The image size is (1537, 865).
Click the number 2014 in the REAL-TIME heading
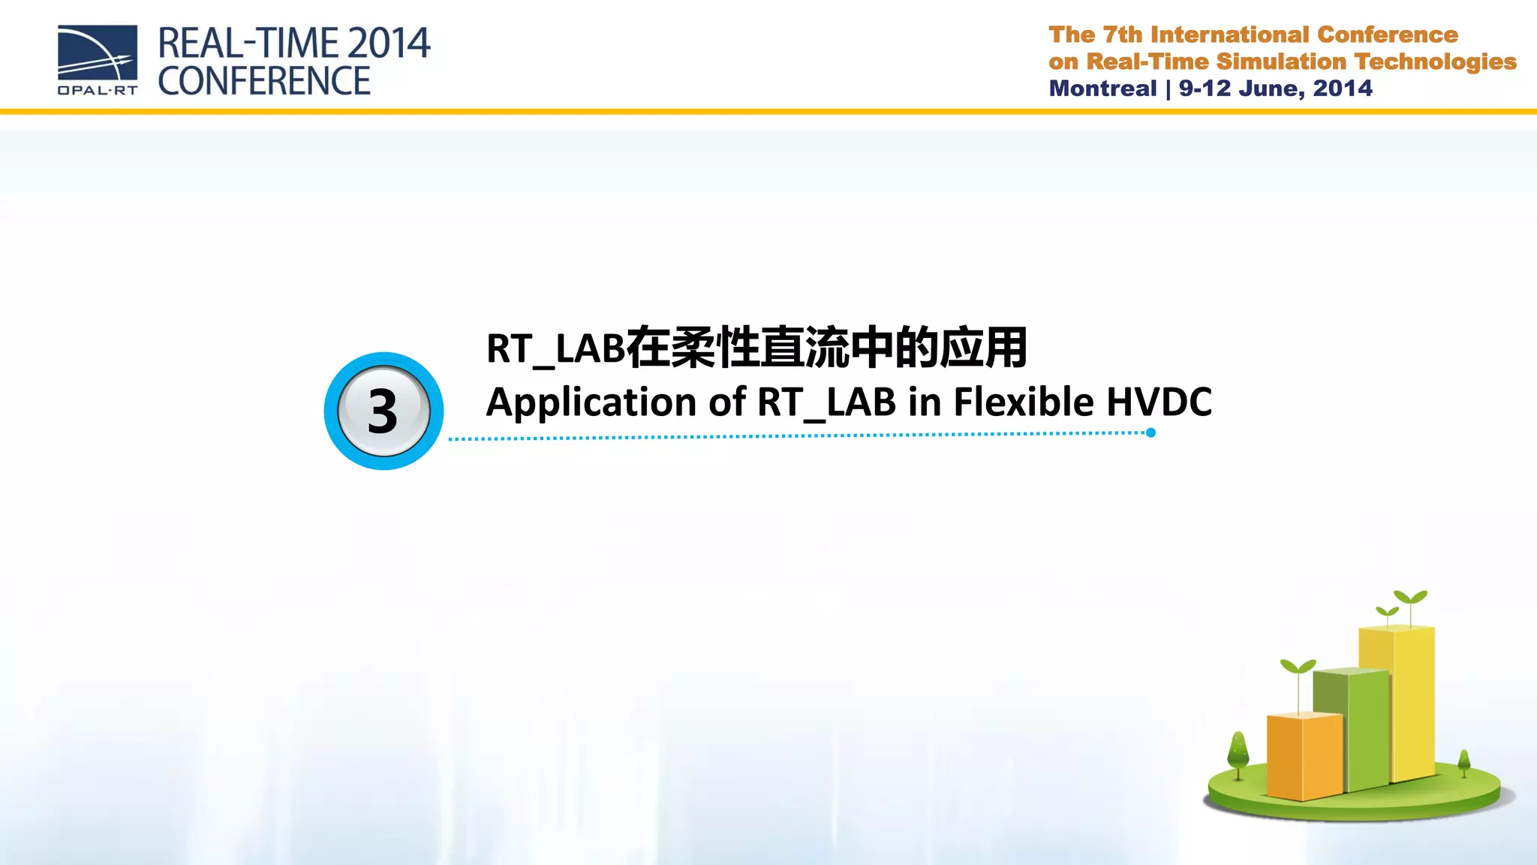[389, 44]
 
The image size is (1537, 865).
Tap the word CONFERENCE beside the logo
[264, 81]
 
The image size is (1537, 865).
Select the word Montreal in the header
[1102, 89]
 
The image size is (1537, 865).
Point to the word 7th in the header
[1122, 35]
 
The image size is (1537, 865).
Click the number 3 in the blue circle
[383, 411]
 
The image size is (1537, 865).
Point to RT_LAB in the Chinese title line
[555, 349]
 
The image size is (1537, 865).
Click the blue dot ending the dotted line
[1150, 432]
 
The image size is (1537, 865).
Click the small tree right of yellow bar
[1463, 762]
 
